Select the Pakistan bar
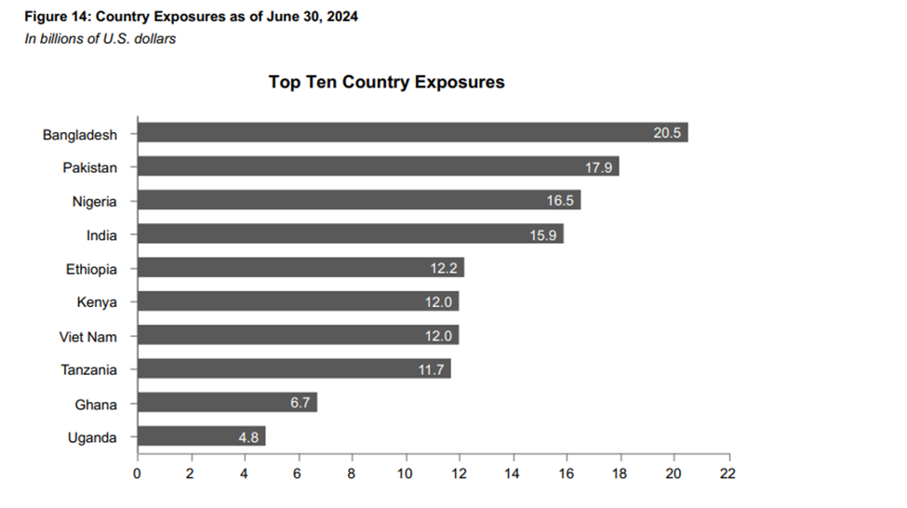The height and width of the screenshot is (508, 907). [x=372, y=167]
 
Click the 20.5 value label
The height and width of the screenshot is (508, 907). [x=668, y=133]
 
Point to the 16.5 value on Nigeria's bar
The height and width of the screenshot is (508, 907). [x=560, y=201]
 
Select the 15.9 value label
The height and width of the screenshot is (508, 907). [x=543, y=234]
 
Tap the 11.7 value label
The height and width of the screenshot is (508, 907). [x=433, y=369]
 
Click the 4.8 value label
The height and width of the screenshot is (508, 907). [x=247, y=436]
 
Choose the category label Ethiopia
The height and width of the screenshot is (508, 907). [x=91, y=269]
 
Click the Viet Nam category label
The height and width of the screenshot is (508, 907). [x=88, y=336]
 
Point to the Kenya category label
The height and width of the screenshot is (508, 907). [x=97, y=302]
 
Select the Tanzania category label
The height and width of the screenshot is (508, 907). [x=89, y=369]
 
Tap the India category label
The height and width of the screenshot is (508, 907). [x=101, y=234]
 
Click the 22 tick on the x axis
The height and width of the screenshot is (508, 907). [x=727, y=473]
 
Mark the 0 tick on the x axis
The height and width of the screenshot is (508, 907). [x=138, y=473]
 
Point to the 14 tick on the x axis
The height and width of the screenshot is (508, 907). [x=513, y=473]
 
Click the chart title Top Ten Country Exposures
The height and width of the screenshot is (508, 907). [x=386, y=82]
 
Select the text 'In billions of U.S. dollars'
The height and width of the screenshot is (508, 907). [x=100, y=39]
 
